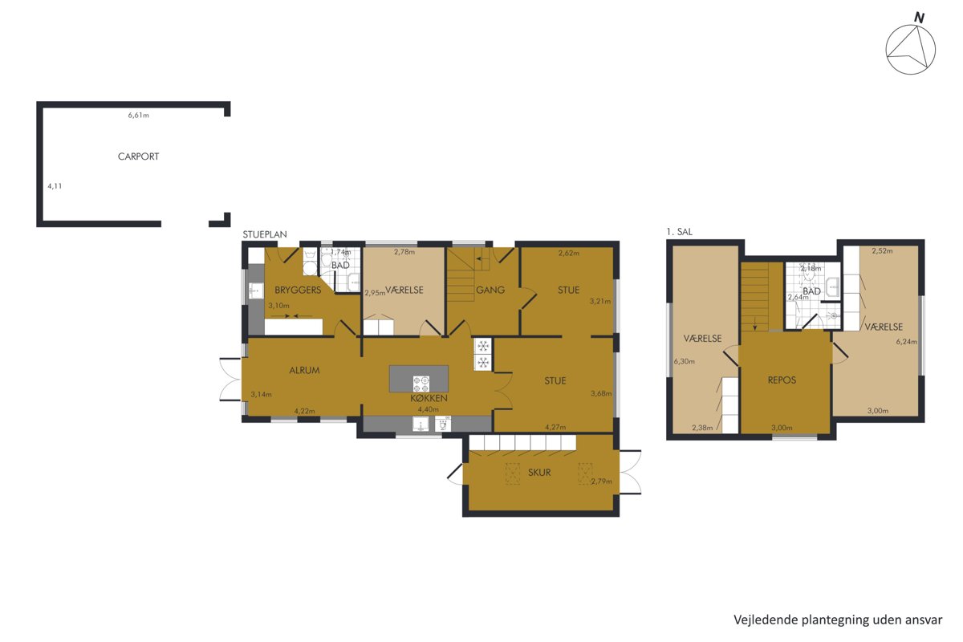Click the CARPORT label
click(x=138, y=156)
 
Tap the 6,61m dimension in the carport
click(x=138, y=116)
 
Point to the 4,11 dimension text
click(x=55, y=186)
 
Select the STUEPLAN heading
click(x=264, y=234)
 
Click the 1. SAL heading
click(x=679, y=232)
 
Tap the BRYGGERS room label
click(x=298, y=290)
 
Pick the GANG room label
click(x=490, y=291)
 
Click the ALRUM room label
click(x=304, y=370)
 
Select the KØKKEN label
click(x=429, y=398)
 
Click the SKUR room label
click(x=539, y=473)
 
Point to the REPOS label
click(x=782, y=380)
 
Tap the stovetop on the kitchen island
click(x=421, y=384)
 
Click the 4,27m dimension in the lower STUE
click(x=555, y=427)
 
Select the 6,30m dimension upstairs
click(x=685, y=361)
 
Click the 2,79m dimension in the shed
click(x=601, y=481)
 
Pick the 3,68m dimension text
click(x=601, y=393)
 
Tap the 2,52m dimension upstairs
click(x=882, y=250)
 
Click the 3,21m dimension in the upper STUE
click(x=600, y=301)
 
